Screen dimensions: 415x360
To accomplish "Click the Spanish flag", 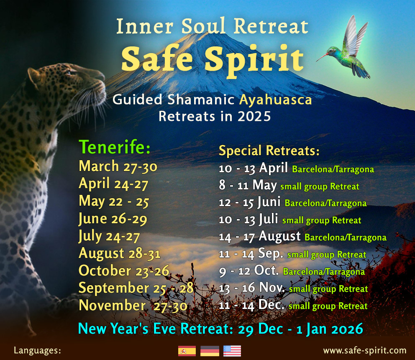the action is tap(187, 351).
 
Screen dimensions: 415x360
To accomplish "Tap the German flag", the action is tap(210, 351).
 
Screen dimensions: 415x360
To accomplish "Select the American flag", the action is tap(232, 351).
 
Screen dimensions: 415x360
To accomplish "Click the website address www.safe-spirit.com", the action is tap(365, 350).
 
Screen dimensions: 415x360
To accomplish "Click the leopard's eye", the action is tap(69, 72).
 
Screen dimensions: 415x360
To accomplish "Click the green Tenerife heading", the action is tap(115, 147).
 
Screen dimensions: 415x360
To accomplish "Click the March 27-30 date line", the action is tap(118, 166).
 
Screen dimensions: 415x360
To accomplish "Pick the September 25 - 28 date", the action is tap(136, 288).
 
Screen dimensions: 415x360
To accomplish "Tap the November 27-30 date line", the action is tap(133, 306).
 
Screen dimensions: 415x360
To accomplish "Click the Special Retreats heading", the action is tap(269, 151).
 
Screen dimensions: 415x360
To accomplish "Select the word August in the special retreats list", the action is tap(279, 236).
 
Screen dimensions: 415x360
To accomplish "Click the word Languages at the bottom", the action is tap(37, 350).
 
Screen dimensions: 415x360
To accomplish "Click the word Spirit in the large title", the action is tap(254, 60).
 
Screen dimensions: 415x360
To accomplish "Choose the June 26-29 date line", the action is tap(113, 219).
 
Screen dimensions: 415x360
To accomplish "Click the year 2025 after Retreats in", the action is tap(254, 117).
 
